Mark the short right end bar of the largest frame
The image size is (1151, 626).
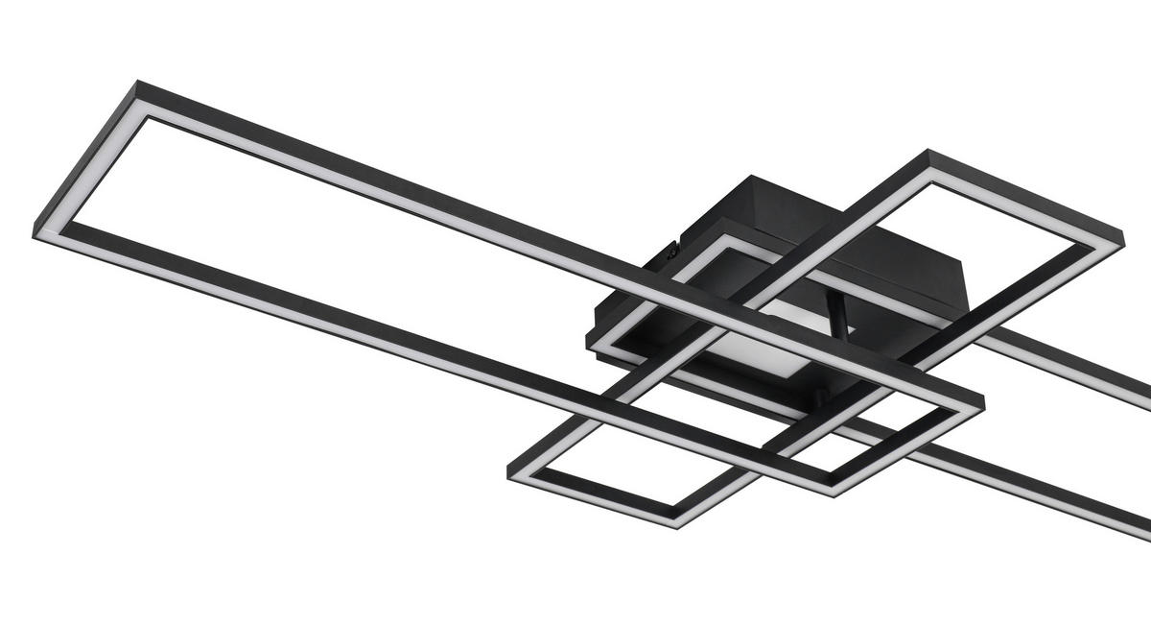906,445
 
